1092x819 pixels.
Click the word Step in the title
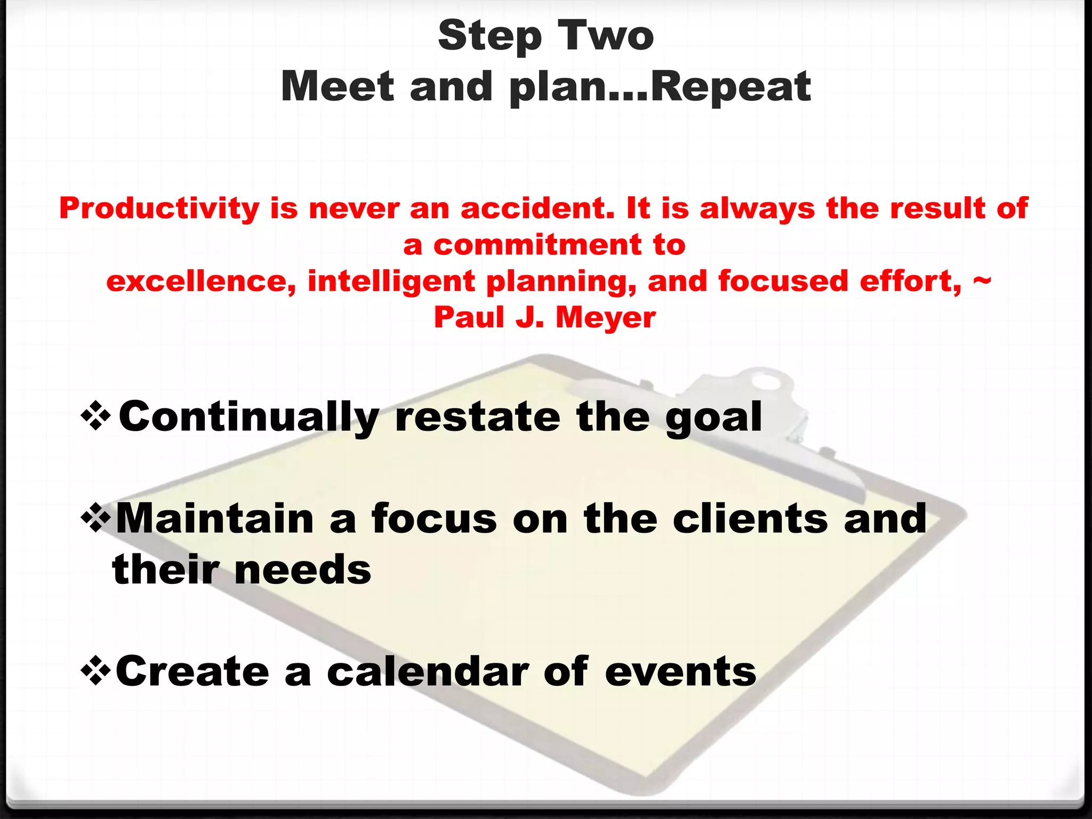pyautogui.click(x=489, y=36)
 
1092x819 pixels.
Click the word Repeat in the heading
pyautogui.click(x=731, y=86)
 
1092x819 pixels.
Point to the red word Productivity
pyautogui.click(x=159, y=208)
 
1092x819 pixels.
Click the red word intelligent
pyautogui.click(x=391, y=282)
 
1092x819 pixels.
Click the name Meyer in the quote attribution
pyautogui.click(x=606, y=318)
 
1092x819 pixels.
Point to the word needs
pyautogui.click(x=302, y=569)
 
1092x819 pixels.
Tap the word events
pyautogui.click(x=680, y=672)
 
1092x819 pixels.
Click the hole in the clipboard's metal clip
pyautogui.click(x=767, y=382)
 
